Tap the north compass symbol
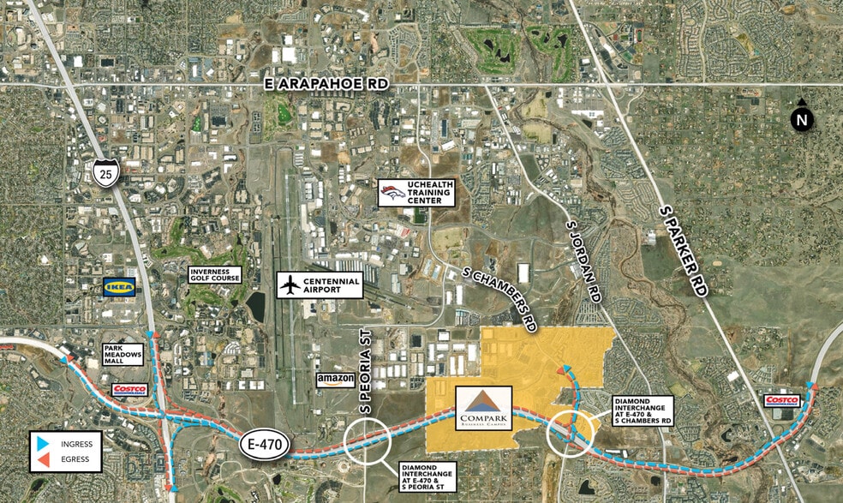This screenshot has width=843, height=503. click(801, 119)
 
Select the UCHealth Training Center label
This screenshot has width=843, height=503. click(428, 193)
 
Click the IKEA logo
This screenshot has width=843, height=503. click(119, 287)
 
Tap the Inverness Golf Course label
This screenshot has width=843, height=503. click(214, 275)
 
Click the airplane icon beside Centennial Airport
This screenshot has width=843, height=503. click(292, 284)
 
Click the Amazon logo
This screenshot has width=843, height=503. click(335, 380)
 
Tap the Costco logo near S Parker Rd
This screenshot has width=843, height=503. click(782, 400)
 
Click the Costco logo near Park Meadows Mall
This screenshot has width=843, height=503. click(129, 390)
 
